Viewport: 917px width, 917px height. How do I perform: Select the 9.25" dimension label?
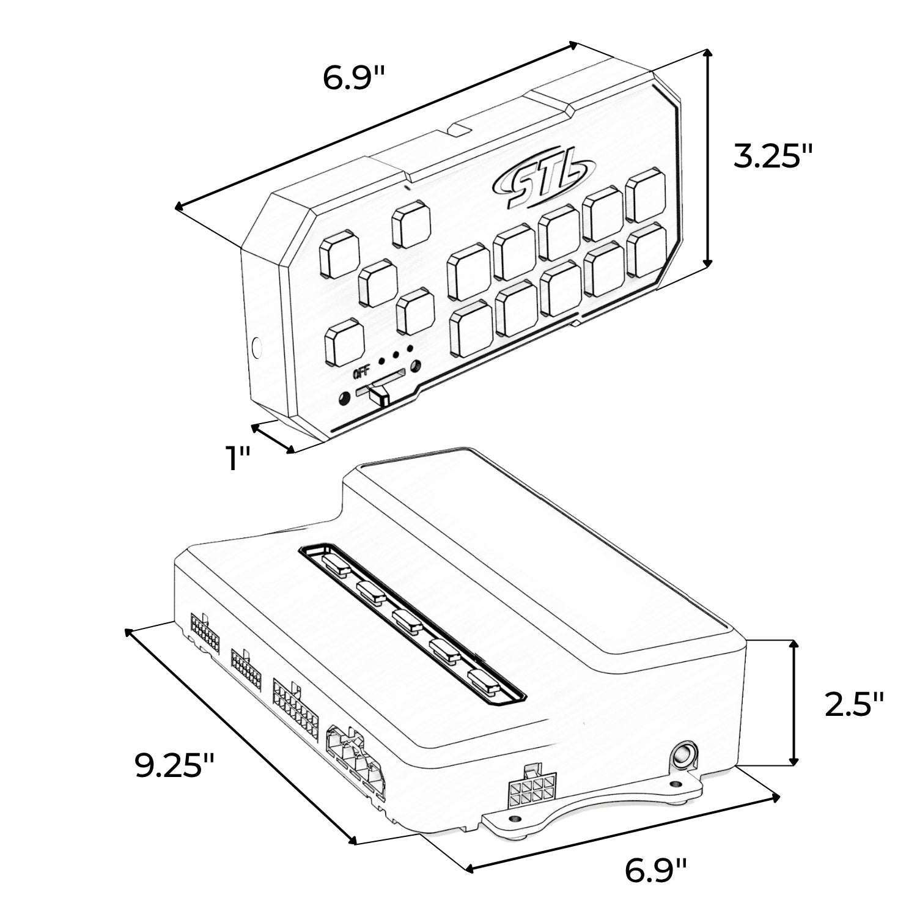175,764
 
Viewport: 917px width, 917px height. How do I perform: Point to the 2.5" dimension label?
854,704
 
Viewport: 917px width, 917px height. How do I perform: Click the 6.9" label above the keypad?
355,78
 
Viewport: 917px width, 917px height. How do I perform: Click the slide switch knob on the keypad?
379,392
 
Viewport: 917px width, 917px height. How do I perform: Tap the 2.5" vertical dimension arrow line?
794,702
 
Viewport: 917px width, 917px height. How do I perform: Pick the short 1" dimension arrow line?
273,438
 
